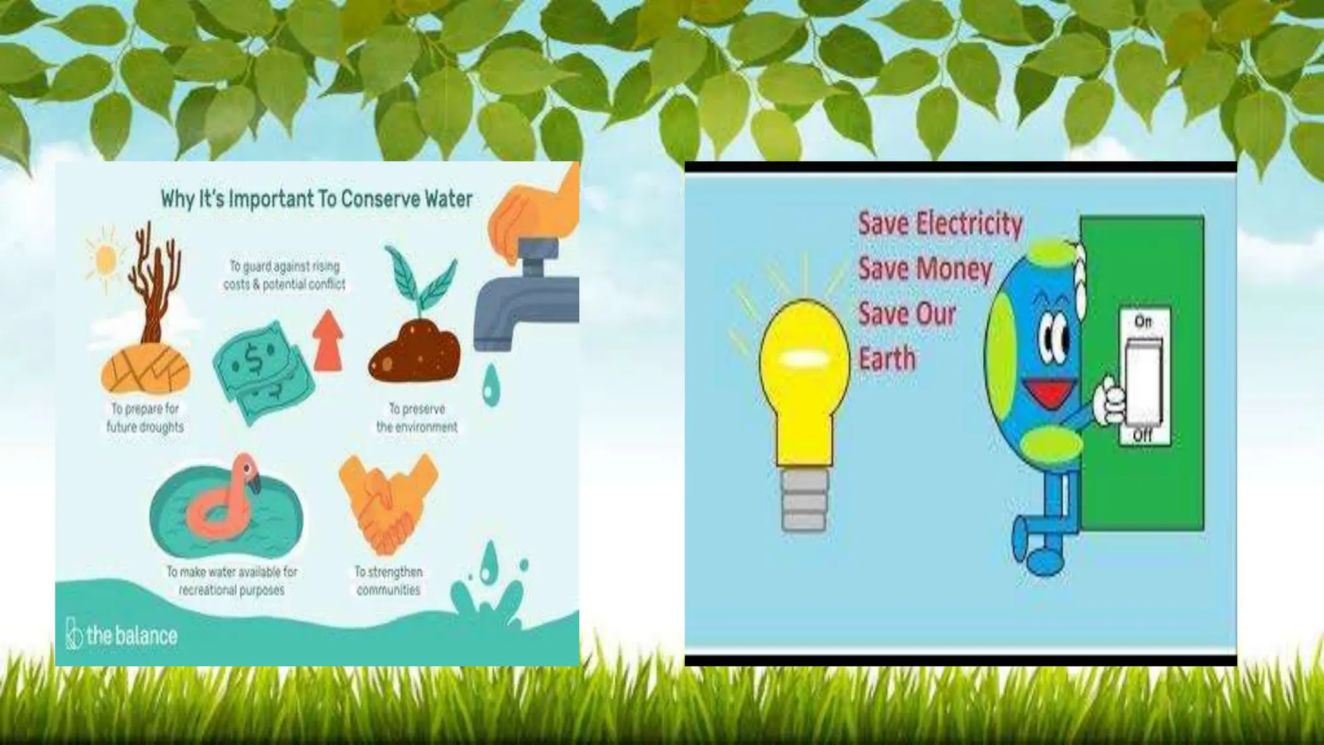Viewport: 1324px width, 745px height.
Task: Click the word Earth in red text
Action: (887, 358)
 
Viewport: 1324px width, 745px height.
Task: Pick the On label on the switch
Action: (1142, 321)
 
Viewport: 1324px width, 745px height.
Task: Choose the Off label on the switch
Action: (1142, 435)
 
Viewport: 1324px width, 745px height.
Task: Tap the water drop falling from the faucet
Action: (491, 382)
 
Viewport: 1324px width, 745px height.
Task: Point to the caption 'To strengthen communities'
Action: (388, 580)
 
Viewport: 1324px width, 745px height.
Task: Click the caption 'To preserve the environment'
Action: (416, 417)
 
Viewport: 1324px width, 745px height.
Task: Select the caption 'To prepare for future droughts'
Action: (145, 417)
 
